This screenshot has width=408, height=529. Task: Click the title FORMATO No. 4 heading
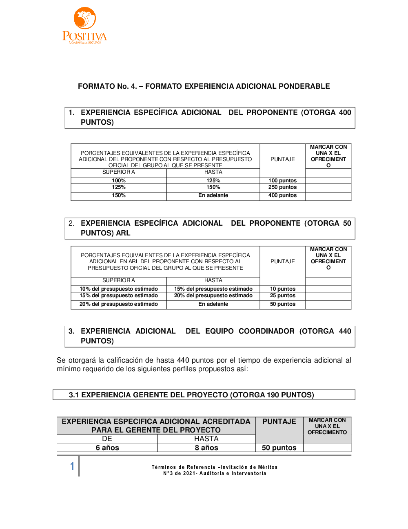pyautogui.click(x=204, y=86)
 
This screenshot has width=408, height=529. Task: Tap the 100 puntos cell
pyautogui.click(x=282, y=180)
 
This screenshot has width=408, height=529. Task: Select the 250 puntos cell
pyautogui.click(x=282, y=187)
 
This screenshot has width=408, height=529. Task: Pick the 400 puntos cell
pyautogui.click(x=282, y=195)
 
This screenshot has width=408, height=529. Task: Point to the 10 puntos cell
pyautogui.click(x=282, y=289)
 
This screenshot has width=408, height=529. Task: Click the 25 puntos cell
pyautogui.click(x=282, y=296)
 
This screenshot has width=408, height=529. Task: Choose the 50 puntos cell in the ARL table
pyautogui.click(x=282, y=304)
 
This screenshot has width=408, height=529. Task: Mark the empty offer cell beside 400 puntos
pyautogui.click(x=328, y=195)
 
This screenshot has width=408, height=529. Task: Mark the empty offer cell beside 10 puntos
pyautogui.click(x=328, y=289)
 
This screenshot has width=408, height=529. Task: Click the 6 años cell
pyautogui.click(x=107, y=448)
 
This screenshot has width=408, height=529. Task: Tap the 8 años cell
pyautogui.click(x=206, y=448)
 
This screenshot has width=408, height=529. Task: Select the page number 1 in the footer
pyautogui.click(x=72, y=466)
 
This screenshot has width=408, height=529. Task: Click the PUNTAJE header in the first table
pyautogui.click(x=282, y=159)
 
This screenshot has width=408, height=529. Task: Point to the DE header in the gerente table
pyautogui.click(x=107, y=439)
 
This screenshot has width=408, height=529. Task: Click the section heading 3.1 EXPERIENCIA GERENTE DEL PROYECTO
pyautogui.click(x=191, y=395)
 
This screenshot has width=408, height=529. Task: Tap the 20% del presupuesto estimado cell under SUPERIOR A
pyautogui.click(x=118, y=304)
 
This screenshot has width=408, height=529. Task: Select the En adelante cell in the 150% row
pyautogui.click(x=213, y=195)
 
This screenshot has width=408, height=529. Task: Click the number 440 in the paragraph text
pyautogui.click(x=183, y=360)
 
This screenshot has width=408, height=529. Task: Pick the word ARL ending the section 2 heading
pyautogui.click(x=123, y=233)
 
